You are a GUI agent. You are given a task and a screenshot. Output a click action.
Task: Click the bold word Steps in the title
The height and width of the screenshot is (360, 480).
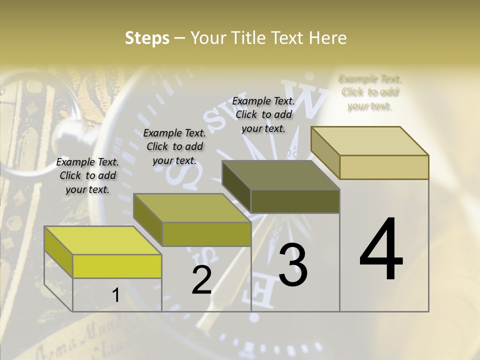[147, 38]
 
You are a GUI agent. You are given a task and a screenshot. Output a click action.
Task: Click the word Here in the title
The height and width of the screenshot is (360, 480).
[327, 38]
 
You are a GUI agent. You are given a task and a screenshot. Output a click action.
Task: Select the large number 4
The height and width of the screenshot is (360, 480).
[381, 250]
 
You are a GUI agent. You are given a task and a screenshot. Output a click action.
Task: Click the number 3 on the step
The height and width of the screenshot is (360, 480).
[292, 264]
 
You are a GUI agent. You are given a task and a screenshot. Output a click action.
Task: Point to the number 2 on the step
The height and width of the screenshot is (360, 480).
[201, 280]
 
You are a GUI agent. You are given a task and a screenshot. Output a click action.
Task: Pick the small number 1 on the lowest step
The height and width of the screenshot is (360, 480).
[115, 295]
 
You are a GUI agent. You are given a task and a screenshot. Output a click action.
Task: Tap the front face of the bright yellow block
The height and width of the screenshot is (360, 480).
[117, 266]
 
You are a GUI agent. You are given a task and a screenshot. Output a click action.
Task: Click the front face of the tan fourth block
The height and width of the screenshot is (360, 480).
[384, 167]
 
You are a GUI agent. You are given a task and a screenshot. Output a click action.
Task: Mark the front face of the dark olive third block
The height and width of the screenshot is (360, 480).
[295, 201]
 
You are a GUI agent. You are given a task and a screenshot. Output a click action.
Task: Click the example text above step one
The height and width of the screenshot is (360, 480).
[87, 175]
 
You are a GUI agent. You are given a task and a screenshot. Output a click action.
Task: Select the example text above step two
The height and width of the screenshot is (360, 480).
[174, 146]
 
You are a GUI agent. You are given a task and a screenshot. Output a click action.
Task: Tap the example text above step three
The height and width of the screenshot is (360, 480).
[263, 114]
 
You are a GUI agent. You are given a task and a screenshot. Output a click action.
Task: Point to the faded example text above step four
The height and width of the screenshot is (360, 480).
[370, 92]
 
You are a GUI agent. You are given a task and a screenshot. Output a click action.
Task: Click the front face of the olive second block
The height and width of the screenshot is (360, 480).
[206, 234]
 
